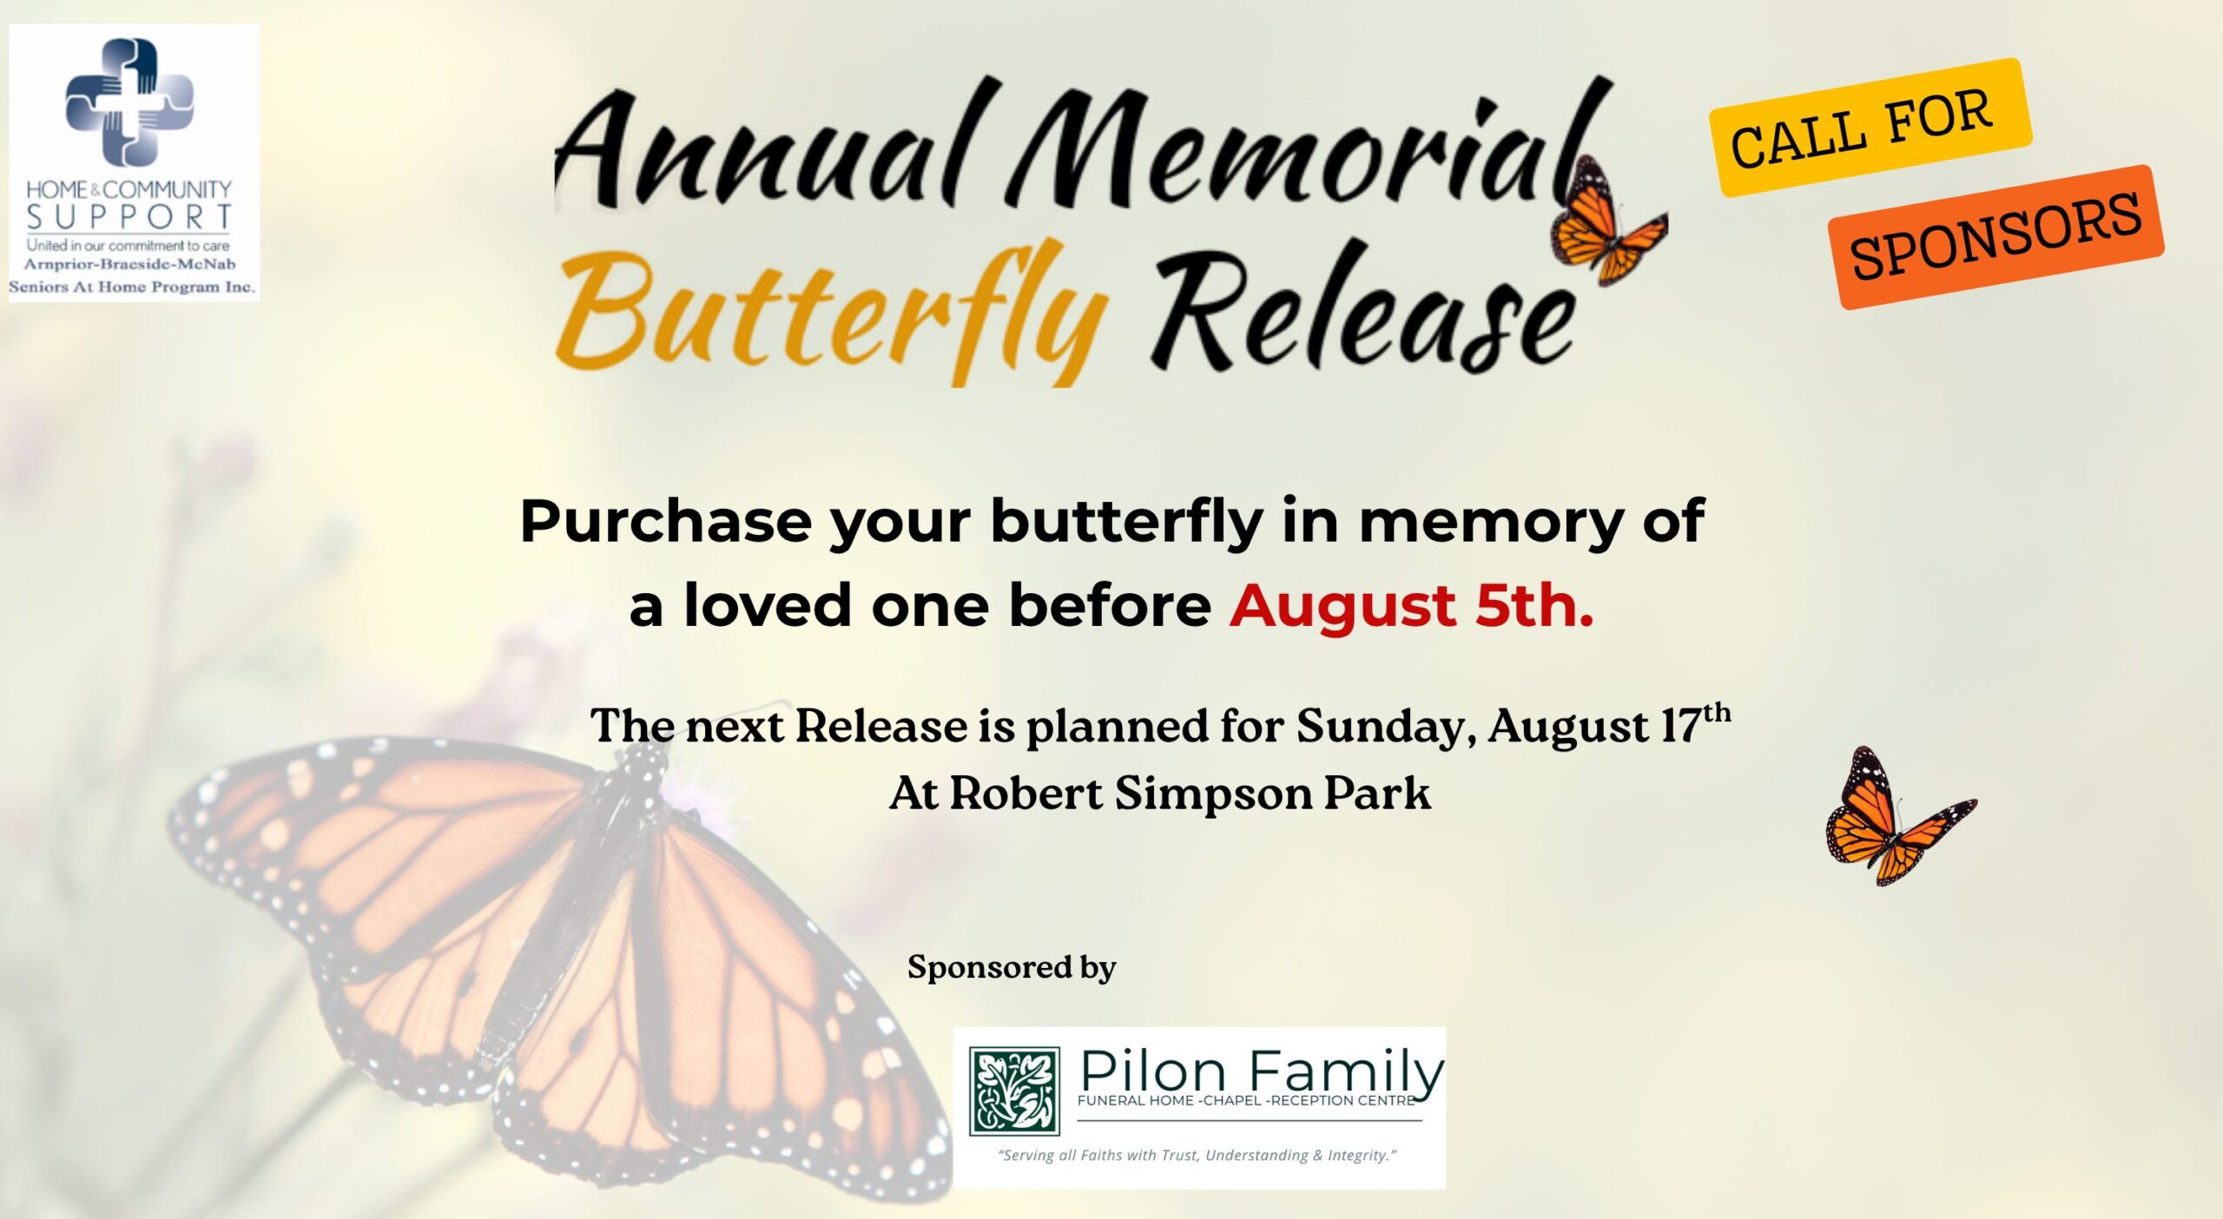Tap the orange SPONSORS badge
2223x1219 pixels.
pos(1995,236)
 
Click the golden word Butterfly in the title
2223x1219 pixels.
pos(833,313)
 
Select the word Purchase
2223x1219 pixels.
pos(665,521)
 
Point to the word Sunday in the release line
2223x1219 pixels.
pos(1386,728)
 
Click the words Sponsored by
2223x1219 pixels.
pos(1012,967)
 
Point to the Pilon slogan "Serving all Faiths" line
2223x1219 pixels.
pos(1197,1156)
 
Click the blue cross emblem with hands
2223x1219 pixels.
pos(129,102)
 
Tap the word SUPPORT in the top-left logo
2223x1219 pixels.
pos(129,216)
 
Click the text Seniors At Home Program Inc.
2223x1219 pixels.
pos(132,287)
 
